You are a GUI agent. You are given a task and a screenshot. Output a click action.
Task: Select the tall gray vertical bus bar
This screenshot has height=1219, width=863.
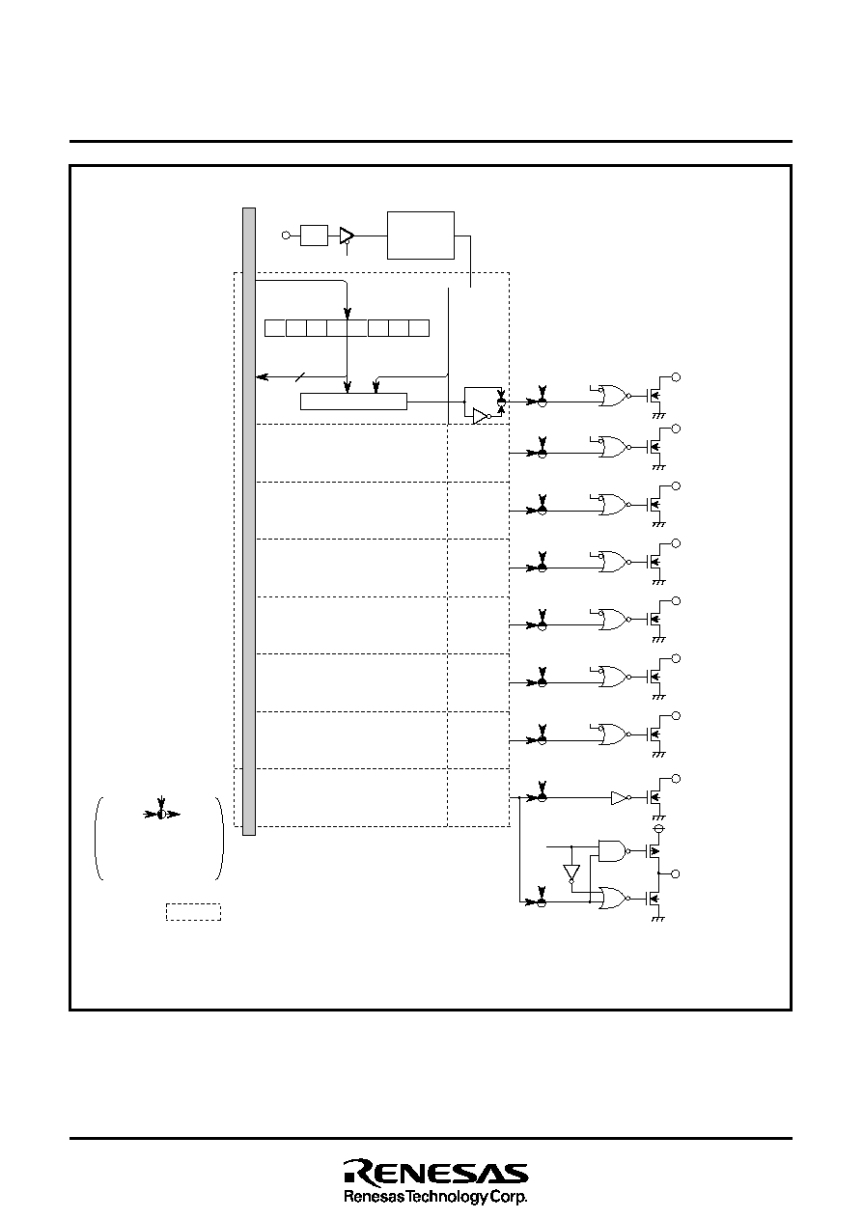point(249,521)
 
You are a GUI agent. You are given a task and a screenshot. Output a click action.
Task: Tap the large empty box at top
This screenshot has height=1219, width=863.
point(421,235)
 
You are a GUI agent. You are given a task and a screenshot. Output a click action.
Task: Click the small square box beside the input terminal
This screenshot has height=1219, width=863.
point(314,235)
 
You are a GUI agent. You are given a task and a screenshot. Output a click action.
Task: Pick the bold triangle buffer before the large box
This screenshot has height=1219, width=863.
point(347,235)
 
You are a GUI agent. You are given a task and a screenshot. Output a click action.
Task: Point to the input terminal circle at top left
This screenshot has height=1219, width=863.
point(286,235)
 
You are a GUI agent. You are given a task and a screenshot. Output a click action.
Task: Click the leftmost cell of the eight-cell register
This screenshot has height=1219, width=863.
point(275,328)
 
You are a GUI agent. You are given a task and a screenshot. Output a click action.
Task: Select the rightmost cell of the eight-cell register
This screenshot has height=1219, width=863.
point(419,328)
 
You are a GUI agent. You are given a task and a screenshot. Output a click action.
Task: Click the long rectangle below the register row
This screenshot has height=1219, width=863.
point(353,402)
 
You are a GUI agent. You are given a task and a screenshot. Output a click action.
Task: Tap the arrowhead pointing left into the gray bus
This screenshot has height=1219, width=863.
point(263,376)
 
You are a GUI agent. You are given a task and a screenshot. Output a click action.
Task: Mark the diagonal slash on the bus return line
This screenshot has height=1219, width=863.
point(300,376)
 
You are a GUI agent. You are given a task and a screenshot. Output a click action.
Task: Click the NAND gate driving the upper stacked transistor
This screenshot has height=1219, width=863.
point(614,850)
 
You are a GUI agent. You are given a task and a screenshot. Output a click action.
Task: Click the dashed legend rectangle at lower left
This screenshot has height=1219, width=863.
point(193,912)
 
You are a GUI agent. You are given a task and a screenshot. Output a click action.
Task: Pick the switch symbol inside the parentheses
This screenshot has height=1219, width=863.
point(161,815)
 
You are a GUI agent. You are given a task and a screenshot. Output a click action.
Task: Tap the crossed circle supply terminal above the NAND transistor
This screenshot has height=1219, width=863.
point(658,829)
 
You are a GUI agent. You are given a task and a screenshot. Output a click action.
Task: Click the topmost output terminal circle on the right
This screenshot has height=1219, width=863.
point(676,377)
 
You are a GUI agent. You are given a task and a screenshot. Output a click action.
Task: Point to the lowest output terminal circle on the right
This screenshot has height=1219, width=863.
point(676,874)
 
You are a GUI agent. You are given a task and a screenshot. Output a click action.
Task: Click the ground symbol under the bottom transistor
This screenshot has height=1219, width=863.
point(658,919)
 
